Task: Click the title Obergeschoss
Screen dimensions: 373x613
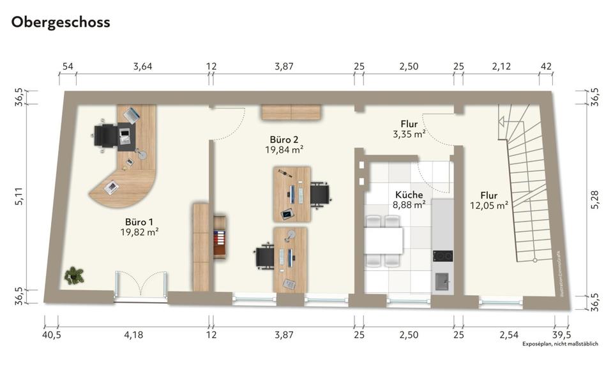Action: (61, 22)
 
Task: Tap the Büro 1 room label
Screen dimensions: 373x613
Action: (139, 221)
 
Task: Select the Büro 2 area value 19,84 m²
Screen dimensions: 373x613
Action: (284, 150)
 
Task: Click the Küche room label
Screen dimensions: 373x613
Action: (409, 195)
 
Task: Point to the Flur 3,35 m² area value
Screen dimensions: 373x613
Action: (409, 134)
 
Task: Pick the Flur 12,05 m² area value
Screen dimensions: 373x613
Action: (489, 206)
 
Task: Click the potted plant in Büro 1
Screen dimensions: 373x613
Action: (74, 275)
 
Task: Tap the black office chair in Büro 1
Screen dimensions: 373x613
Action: (104, 135)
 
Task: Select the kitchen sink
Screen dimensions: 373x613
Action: (442, 280)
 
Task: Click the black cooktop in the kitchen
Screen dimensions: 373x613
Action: (442, 256)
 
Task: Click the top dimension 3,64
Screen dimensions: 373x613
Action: (142, 66)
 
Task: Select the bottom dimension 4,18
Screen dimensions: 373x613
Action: (133, 334)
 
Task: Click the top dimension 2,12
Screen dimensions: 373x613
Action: (501, 66)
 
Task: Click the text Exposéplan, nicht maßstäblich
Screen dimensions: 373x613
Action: (559, 344)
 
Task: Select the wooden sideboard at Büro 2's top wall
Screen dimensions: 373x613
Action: (291, 112)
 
